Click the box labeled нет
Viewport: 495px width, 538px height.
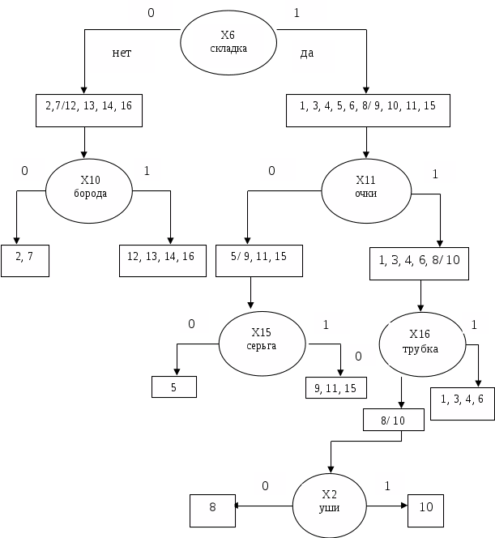[x=122, y=55]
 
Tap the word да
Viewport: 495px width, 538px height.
[x=307, y=53]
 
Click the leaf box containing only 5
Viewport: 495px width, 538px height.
[x=174, y=387]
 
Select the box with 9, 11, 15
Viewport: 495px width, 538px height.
[x=335, y=387]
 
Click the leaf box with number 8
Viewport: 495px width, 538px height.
[x=211, y=509]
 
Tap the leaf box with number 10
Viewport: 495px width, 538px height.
[x=425, y=506]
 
